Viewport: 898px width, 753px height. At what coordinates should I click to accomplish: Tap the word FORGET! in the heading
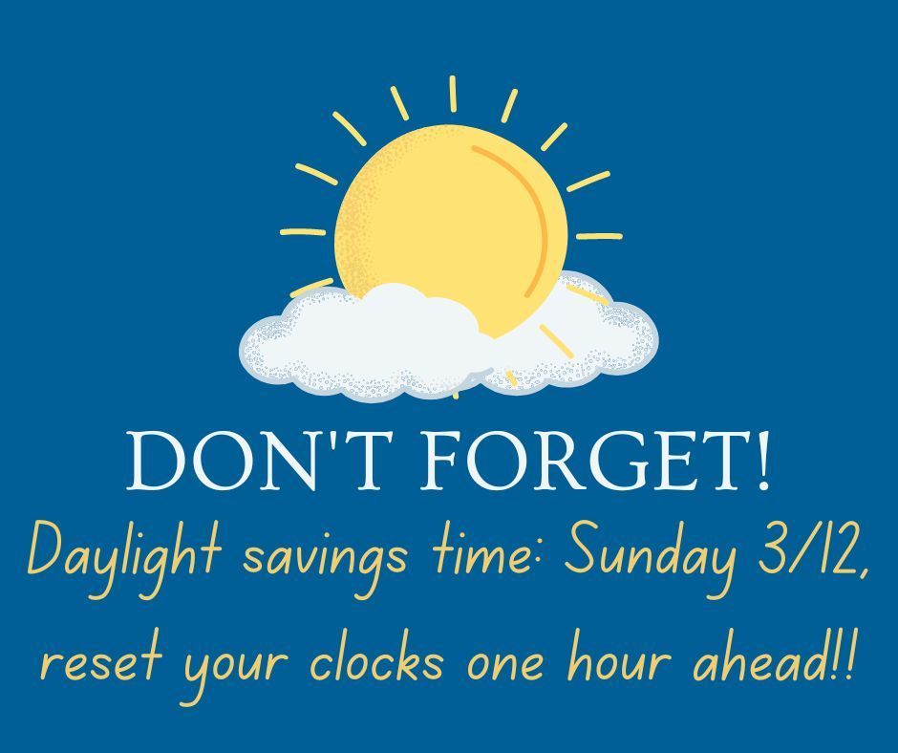pos(594,461)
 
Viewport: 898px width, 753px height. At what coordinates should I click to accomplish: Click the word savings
pos(325,559)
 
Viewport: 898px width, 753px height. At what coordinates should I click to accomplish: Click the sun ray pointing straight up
pos(453,94)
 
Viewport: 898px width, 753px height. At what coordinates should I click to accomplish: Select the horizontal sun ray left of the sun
pos(303,232)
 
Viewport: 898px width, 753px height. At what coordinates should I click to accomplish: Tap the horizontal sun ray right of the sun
pos(599,235)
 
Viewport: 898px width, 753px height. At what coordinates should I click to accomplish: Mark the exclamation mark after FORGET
pos(762,461)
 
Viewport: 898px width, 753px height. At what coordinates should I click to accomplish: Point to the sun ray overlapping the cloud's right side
pos(556,341)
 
